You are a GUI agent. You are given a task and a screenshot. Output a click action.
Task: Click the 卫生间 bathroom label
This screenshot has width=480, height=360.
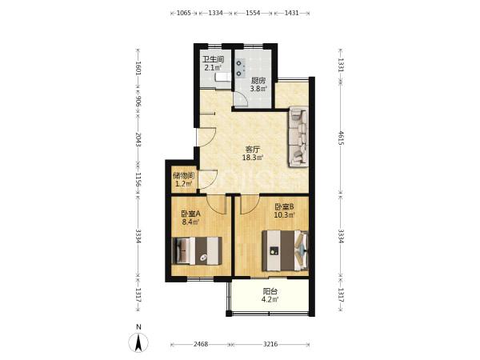(214, 59)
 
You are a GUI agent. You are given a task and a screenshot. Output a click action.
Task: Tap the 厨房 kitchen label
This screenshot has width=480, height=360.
(258, 81)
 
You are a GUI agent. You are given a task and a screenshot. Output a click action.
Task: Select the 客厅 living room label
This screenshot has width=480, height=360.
(253, 150)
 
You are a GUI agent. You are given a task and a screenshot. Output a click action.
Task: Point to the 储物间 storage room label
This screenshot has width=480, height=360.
(183, 176)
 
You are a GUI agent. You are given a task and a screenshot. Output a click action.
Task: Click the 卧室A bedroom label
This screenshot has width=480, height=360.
(190, 214)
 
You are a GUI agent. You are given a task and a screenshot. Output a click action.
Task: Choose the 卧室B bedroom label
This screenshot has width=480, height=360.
(284, 206)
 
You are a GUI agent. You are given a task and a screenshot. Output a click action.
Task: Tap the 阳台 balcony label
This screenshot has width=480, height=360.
(270, 292)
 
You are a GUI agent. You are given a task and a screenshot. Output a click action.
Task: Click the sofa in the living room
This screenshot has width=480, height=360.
(298, 137)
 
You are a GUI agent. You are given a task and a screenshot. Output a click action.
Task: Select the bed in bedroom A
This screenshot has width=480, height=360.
(197, 250)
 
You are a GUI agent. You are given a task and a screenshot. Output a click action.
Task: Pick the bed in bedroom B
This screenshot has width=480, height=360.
(285, 250)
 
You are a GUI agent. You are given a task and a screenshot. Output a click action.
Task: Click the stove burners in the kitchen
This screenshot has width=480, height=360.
(240, 68)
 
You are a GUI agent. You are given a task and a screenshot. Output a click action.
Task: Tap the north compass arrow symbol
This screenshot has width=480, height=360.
(138, 342)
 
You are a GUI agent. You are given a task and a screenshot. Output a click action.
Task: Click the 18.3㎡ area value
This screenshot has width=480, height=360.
(253, 158)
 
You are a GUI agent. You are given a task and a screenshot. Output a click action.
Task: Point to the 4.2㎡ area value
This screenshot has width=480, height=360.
(270, 300)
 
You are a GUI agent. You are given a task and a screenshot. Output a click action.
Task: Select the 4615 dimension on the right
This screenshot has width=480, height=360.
(341, 138)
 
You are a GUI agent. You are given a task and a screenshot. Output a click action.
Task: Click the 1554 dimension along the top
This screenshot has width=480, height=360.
(253, 13)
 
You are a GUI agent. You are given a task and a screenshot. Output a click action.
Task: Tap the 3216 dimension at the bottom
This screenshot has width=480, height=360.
(270, 344)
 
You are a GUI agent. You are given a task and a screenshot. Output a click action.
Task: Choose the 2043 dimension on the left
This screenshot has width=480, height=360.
(138, 139)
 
